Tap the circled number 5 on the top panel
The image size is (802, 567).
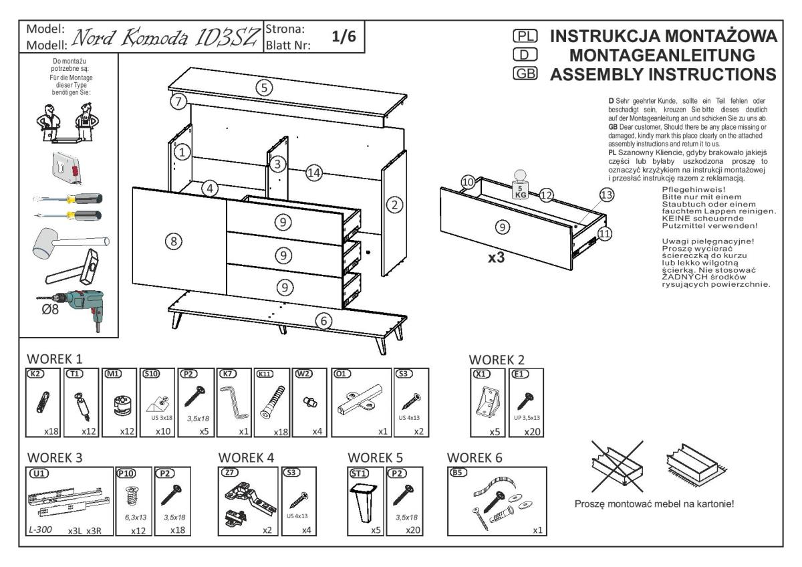coord(265,88)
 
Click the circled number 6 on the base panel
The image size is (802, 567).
coord(324,321)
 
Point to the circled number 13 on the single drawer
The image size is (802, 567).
coord(606,195)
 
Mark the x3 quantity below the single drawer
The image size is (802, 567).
coord(496,257)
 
